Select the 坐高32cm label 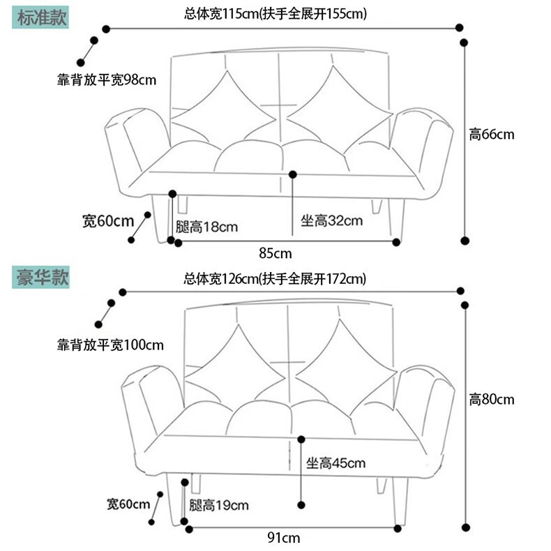(x=331, y=221)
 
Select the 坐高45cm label (x=335, y=463)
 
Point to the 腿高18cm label (x=207, y=227)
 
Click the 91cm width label (x=285, y=538)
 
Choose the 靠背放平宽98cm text (x=107, y=80)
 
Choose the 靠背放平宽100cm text (x=110, y=345)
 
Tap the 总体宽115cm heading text (x=275, y=14)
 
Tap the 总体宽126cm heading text (x=275, y=279)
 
